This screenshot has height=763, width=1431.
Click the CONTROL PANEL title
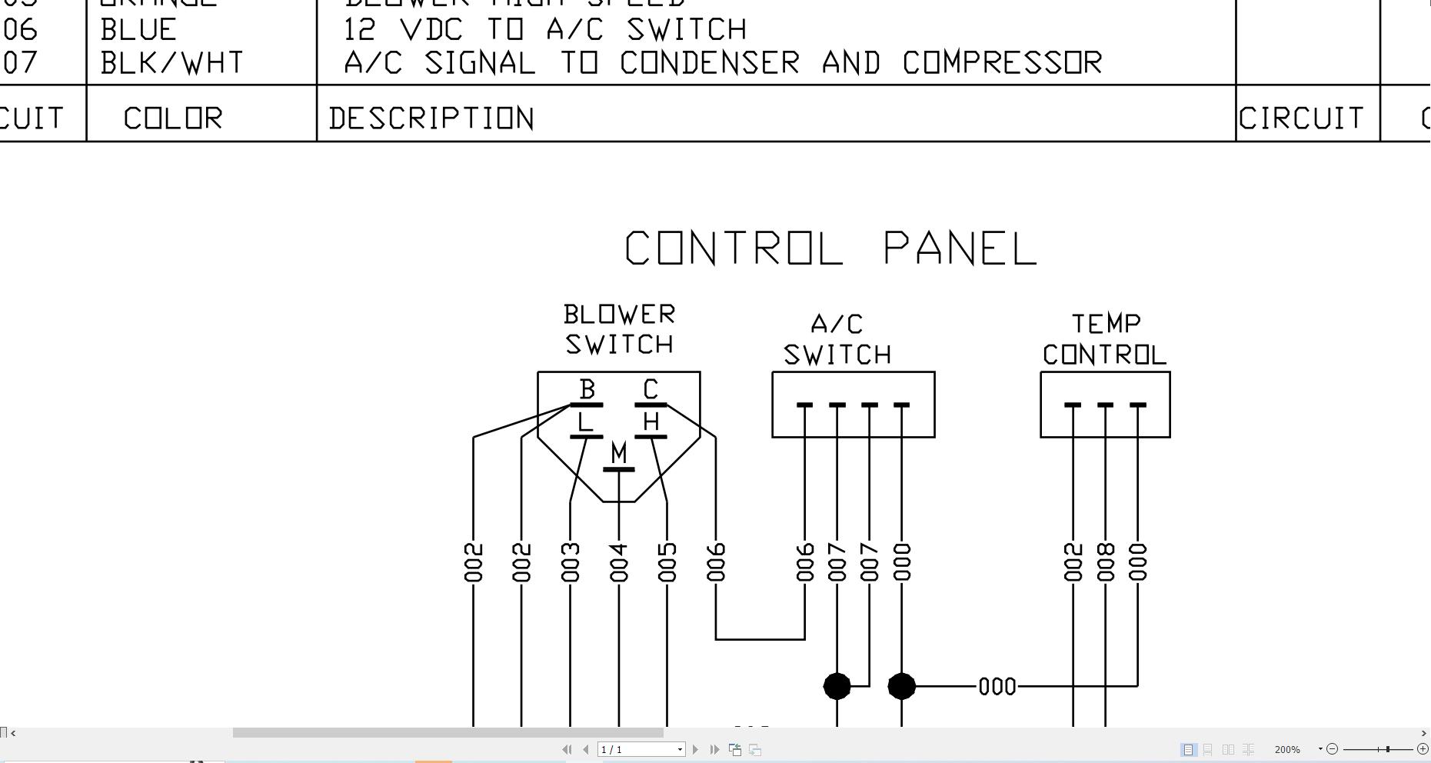[x=830, y=248]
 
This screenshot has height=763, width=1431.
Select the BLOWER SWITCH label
[x=619, y=329]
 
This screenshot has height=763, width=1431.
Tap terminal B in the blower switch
[x=587, y=391]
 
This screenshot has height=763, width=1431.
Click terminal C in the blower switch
[x=651, y=391]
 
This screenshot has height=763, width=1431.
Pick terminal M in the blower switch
[x=619, y=455]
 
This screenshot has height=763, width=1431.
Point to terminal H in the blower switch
[x=651, y=423]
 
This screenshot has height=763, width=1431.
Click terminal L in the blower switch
[x=586, y=423]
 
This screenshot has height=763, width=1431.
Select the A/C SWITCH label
[x=837, y=339]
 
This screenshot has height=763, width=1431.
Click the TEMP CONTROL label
[x=1105, y=339]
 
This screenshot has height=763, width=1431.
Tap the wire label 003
[x=570, y=562]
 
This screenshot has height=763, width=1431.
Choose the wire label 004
[x=619, y=562]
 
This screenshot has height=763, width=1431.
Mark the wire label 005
[x=667, y=562]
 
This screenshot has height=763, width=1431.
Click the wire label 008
[x=1106, y=562]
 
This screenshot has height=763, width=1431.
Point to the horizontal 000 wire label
[x=997, y=686]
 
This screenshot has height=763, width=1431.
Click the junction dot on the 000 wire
[x=901, y=686]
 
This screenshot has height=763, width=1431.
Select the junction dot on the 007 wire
[x=837, y=686]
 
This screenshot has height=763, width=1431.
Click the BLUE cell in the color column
[x=138, y=30]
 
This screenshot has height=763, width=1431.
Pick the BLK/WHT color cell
[x=171, y=63]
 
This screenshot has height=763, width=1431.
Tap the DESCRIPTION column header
[x=431, y=118]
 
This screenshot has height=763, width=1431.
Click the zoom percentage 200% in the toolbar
[x=1287, y=749]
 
